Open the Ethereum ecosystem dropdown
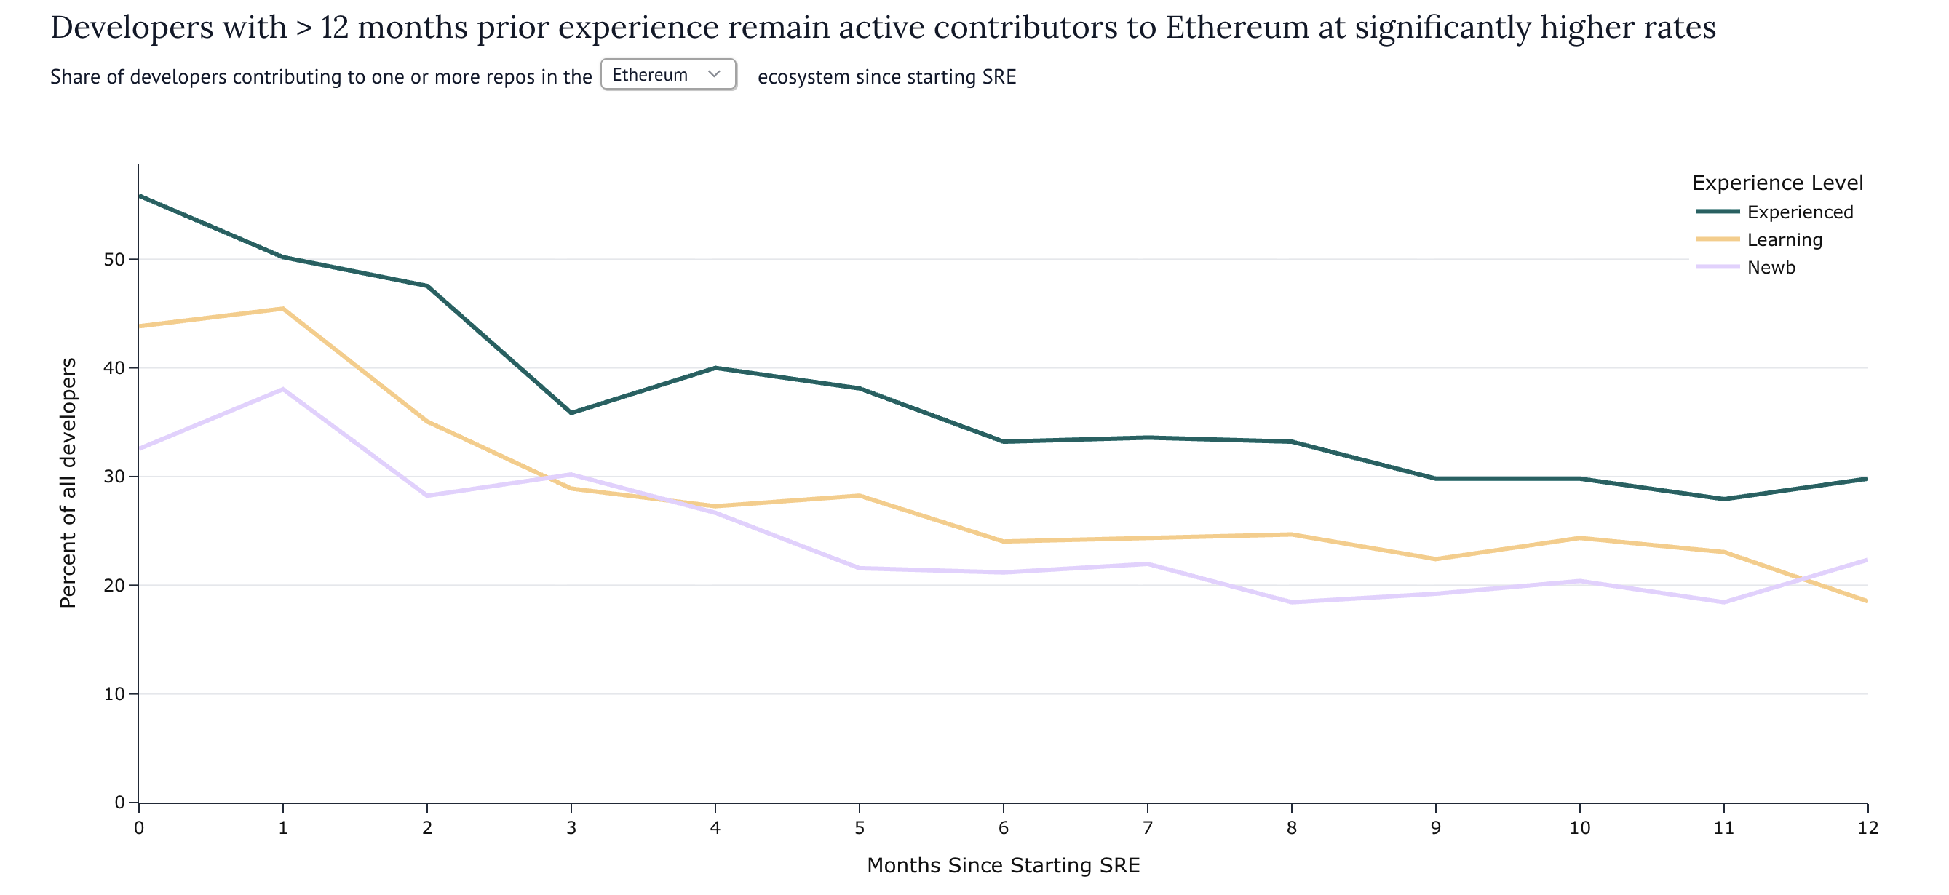tap(667, 74)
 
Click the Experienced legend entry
tap(1799, 212)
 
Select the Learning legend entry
tap(1784, 240)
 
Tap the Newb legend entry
tap(1771, 267)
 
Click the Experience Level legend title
tap(1777, 183)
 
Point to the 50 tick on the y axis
tap(114, 260)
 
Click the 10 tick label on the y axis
tap(114, 693)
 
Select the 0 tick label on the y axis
tap(119, 802)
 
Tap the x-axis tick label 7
tap(1147, 827)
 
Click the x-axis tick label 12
tap(1867, 827)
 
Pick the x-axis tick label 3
tap(571, 827)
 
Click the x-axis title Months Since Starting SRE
tap(1002, 864)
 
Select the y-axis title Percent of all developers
tap(68, 482)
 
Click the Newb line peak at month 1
tap(283, 389)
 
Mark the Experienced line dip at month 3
tap(571, 413)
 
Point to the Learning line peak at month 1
tap(283, 309)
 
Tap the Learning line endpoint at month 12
tap(1866, 601)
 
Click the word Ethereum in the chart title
tap(1237, 28)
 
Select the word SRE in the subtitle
tap(999, 77)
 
